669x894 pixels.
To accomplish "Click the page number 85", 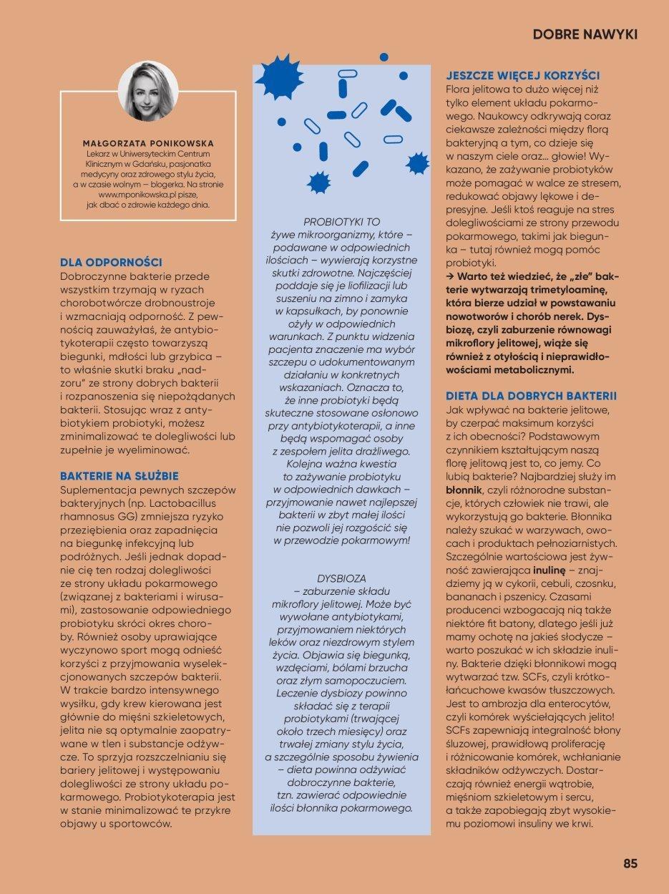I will pos(630,863).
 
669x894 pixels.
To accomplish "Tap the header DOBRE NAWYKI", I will pos(585,34).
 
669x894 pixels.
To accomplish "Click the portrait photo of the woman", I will pos(148,91).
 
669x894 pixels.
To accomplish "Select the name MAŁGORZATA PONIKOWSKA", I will pos(149,143).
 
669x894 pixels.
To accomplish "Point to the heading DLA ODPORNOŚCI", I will pos(111,263).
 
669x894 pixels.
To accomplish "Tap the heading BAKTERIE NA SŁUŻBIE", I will pos(119,475).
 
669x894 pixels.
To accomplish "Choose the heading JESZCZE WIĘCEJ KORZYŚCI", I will pos(522,75).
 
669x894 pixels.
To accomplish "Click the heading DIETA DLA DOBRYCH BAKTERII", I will pos(531,396).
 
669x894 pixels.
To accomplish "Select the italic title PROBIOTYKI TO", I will pos(341,223).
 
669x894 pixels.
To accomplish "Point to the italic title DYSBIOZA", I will pos(341,577).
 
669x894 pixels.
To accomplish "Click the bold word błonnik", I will pos(464,490).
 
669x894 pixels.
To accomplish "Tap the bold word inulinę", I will pos(549,570).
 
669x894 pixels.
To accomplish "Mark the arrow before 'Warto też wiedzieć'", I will pos(450,276).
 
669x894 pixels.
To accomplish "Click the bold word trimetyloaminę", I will pos(562,289).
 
